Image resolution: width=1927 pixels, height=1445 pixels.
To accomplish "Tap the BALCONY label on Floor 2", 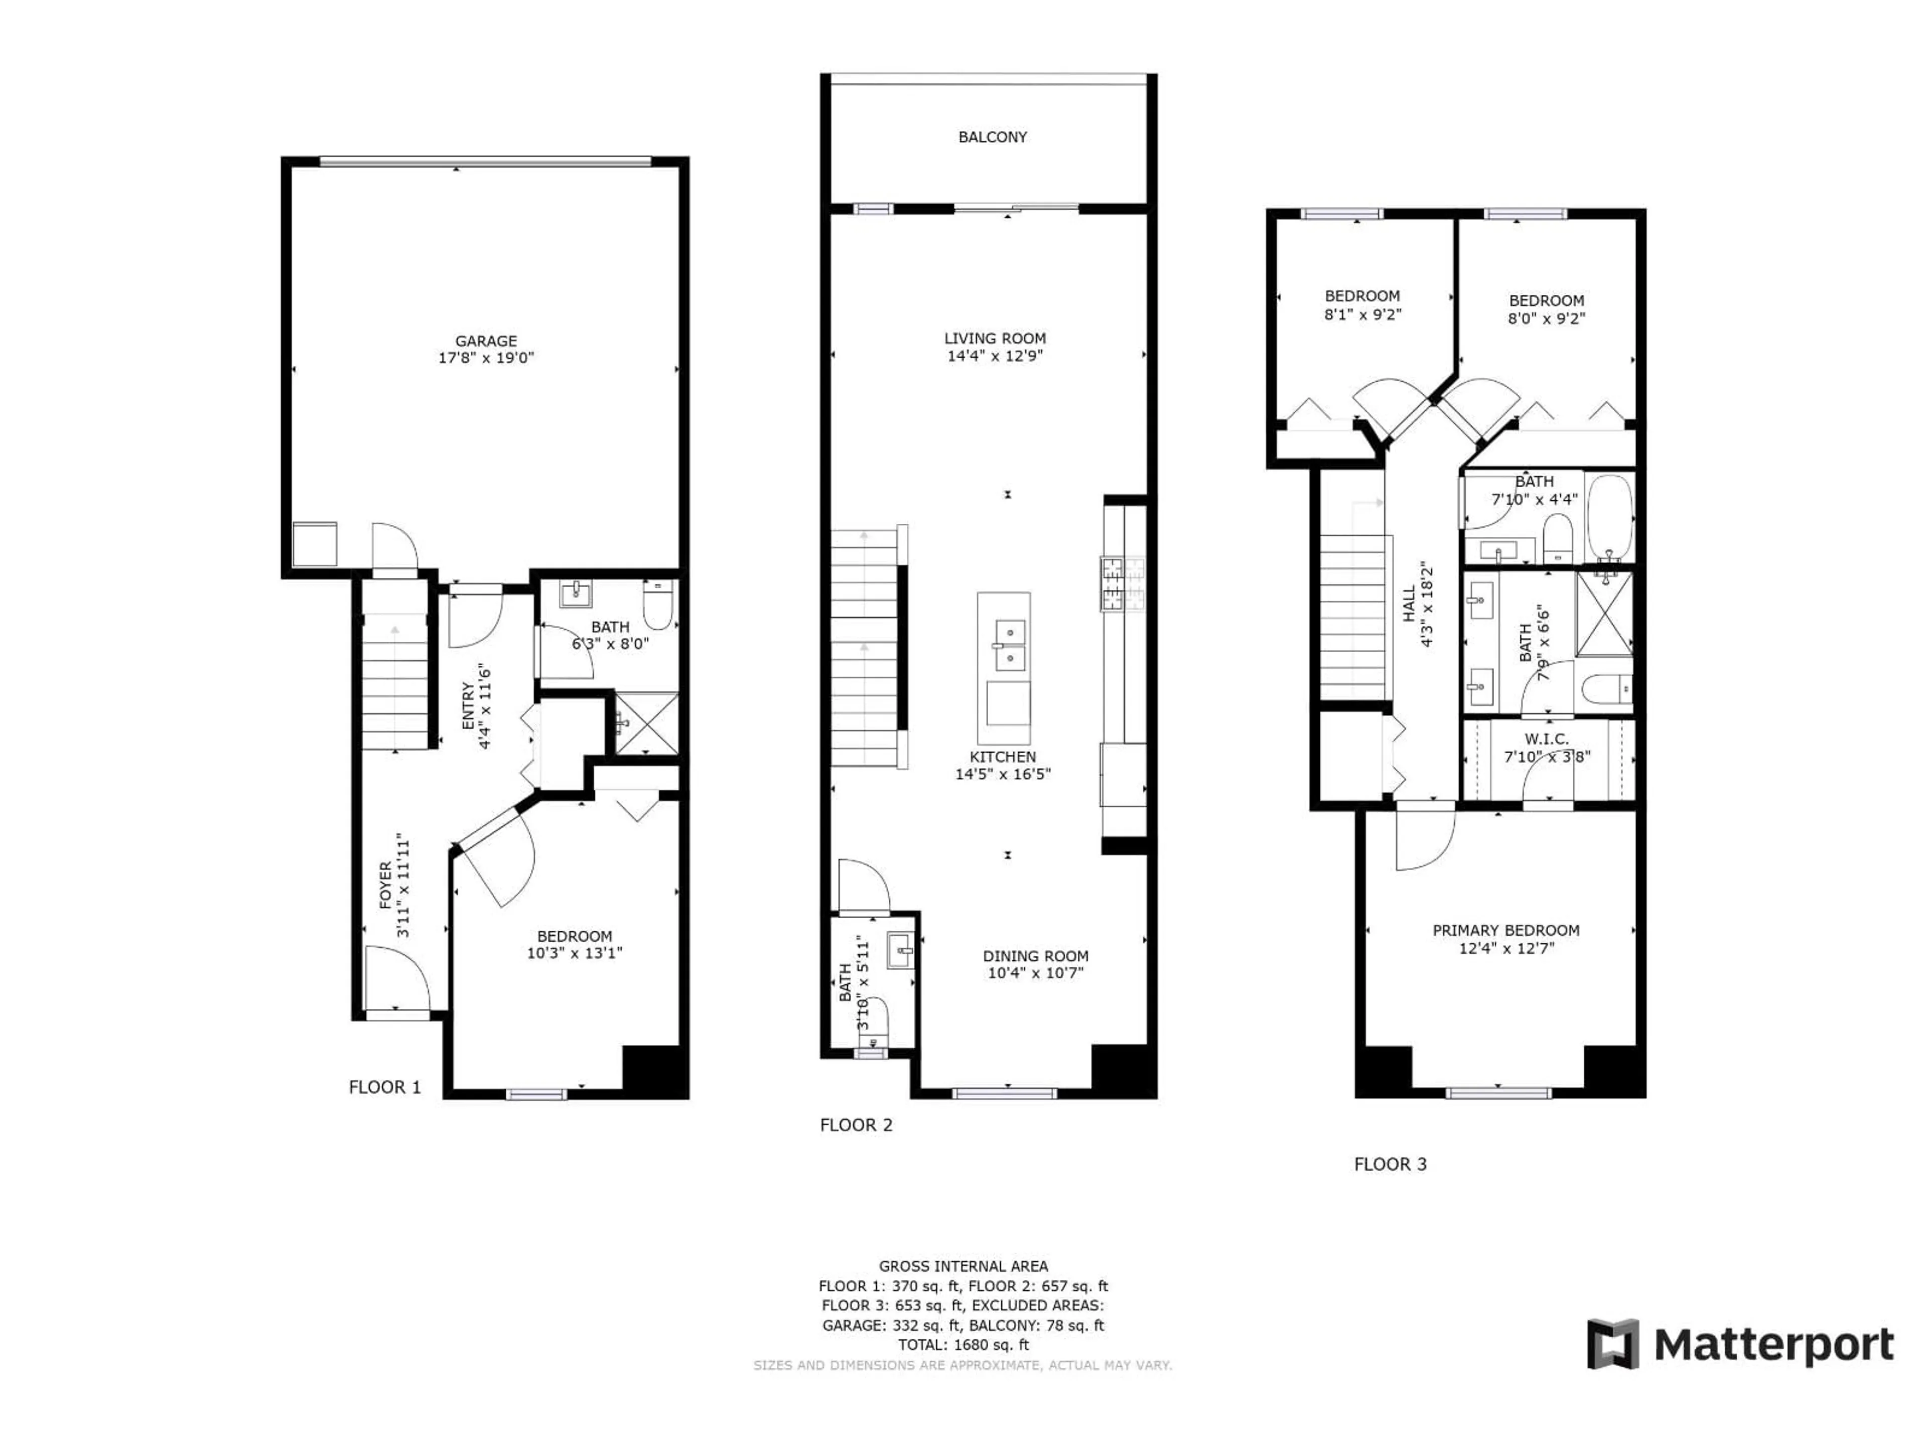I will [x=992, y=137].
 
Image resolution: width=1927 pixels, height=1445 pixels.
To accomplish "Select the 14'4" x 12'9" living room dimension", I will [x=994, y=355].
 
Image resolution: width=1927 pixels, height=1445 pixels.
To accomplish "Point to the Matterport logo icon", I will [x=1612, y=1344].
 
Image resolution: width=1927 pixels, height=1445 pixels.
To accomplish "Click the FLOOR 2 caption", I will [x=856, y=1124].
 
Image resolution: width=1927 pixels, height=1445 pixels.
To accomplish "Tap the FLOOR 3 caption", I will [x=1390, y=1164].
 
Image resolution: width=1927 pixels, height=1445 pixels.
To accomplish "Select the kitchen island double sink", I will [x=1010, y=645].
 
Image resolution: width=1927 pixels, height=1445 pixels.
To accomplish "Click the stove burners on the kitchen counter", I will [x=1122, y=584].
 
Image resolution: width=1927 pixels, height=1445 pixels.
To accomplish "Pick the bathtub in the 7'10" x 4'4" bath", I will [x=1608, y=516].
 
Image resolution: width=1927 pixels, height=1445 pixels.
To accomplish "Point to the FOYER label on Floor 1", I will [x=386, y=886].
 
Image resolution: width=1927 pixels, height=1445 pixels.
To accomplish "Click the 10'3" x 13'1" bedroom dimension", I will [x=574, y=953].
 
